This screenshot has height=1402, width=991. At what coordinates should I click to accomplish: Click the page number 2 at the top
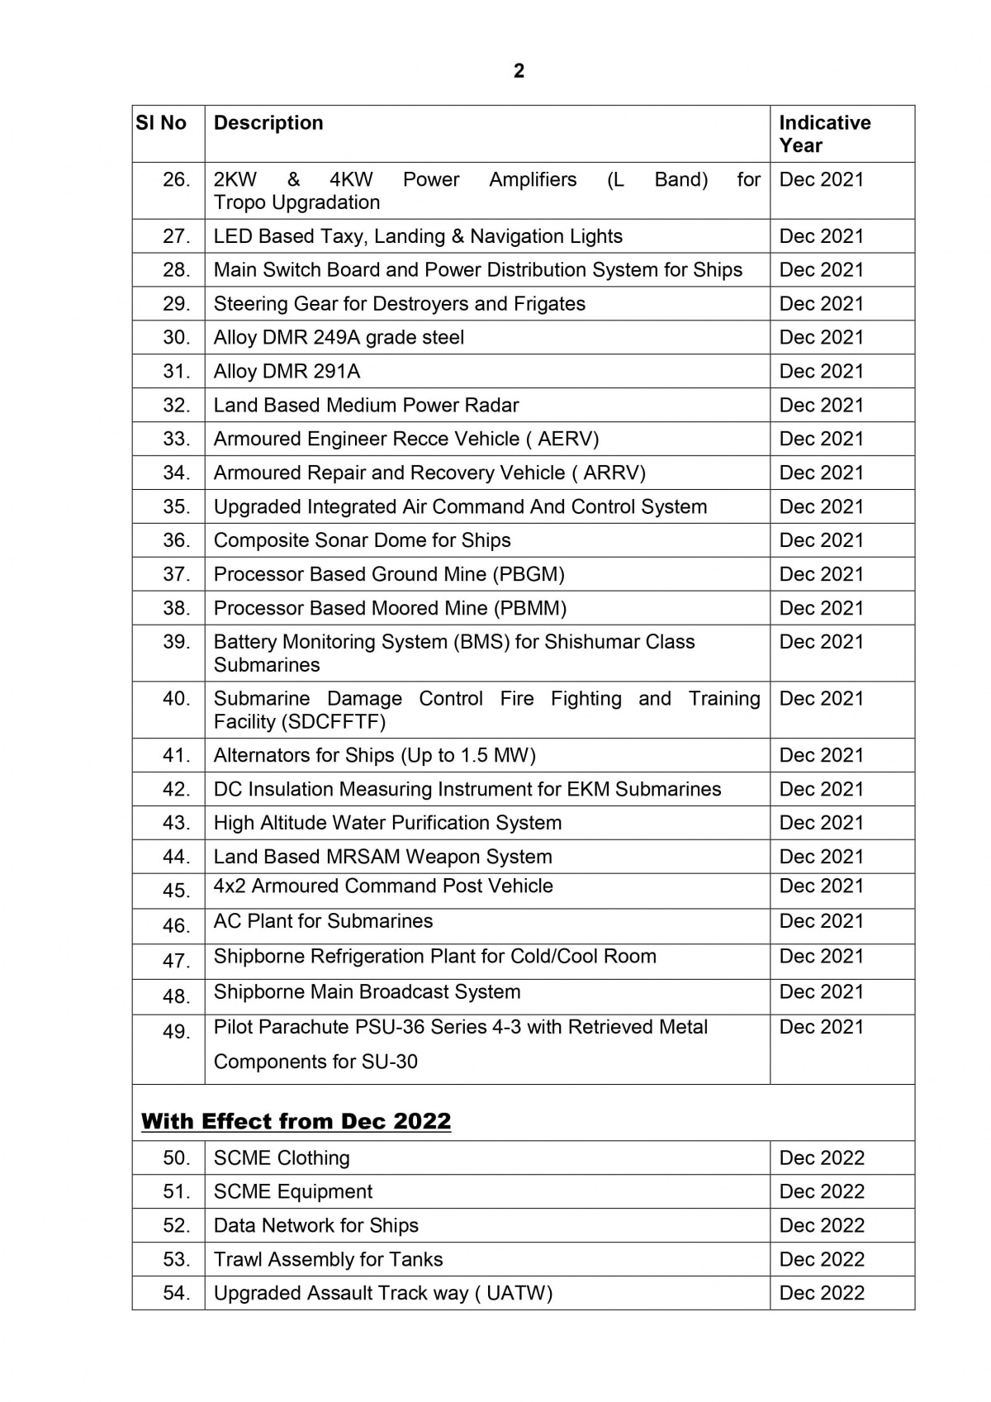(519, 71)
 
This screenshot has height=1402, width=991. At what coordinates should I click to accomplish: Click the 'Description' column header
(268, 123)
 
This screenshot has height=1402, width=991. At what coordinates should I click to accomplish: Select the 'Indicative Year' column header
(824, 134)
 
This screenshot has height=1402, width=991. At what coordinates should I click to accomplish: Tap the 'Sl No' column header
(161, 123)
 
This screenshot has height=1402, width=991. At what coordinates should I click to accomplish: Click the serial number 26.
(176, 179)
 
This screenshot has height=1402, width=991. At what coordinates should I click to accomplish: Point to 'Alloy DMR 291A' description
(287, 372)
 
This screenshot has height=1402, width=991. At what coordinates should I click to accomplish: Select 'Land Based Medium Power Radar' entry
(366, 406)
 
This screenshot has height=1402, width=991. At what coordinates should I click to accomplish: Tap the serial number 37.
(176, 574)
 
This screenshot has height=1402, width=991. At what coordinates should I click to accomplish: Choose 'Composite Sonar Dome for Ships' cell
(362, 540)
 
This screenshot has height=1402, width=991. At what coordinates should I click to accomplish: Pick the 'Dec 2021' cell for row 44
(821, 857)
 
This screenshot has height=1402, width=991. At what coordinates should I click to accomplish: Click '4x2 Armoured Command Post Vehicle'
(383, 886)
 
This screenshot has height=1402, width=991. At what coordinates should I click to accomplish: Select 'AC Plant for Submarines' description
(323, 921)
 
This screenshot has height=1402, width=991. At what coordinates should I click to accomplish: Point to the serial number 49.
(176, 1032)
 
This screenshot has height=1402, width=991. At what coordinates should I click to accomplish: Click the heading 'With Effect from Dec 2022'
(296, 1121)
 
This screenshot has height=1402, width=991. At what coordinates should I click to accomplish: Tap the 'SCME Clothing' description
(282, 1158)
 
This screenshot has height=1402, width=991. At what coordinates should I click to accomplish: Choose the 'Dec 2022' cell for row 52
(821, 1226)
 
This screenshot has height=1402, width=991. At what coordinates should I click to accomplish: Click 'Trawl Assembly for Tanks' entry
(328, 1260)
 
